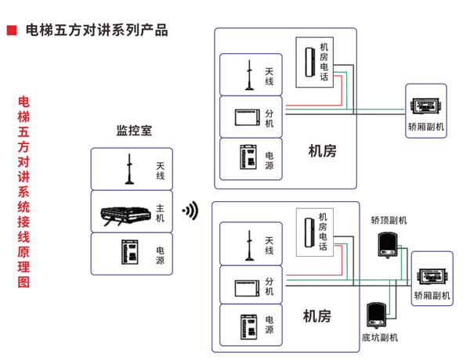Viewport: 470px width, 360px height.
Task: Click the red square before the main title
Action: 12,31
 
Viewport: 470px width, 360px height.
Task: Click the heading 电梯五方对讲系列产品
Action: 96,31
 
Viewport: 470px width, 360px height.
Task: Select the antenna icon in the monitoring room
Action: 128,170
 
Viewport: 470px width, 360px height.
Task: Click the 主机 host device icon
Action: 125,212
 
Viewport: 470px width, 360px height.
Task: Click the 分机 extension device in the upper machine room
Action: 247,117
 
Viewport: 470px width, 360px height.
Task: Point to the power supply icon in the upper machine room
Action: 248,158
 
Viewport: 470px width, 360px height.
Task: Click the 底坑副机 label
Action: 379,338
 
